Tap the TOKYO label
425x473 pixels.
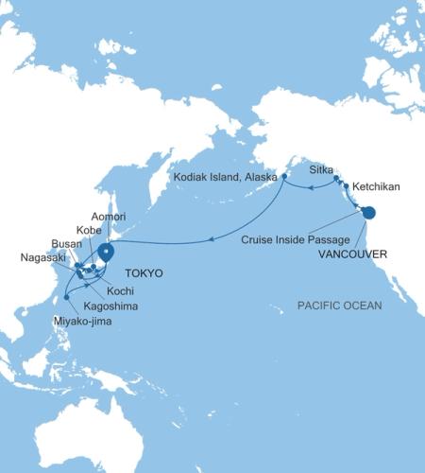(142, 273)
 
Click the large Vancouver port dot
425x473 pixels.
(367, 214)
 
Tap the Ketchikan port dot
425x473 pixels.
(346, 186)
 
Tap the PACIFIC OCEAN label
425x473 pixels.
(340, 306)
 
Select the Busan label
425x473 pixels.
(67, 243)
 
